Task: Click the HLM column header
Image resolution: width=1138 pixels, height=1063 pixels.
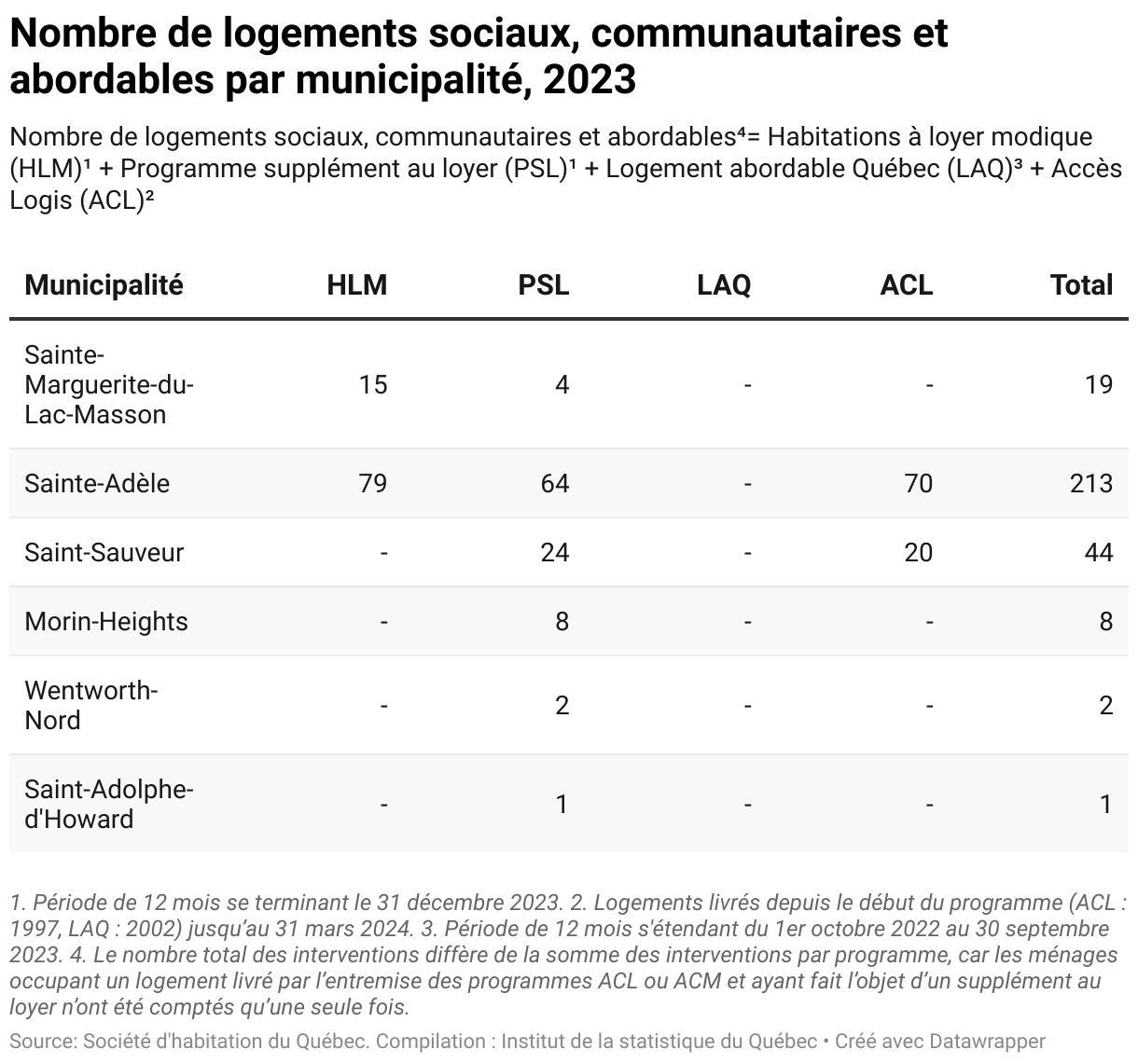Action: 357,284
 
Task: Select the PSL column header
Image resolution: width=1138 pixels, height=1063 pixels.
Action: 543,284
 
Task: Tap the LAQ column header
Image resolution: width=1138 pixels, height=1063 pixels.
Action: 724,285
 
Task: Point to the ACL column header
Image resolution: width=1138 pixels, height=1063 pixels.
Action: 907,284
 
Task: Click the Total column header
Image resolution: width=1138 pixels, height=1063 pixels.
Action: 1081,284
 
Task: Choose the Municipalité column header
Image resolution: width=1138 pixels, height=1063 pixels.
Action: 104,284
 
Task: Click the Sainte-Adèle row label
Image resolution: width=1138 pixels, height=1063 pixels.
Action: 97,484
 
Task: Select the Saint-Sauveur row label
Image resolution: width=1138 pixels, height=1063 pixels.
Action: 104,552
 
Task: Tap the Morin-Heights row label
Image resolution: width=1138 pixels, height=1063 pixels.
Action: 106,622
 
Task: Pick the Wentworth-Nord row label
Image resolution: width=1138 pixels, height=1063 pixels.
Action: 90,706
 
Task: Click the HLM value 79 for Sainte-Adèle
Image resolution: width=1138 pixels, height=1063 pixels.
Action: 373,484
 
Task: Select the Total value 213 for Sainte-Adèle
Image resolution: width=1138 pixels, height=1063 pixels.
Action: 1091,484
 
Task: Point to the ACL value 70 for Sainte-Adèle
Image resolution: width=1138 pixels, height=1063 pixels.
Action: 919,484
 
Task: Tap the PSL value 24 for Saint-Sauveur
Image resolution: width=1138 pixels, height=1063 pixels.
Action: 555,552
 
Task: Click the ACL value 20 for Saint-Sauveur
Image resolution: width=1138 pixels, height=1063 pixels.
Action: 919,552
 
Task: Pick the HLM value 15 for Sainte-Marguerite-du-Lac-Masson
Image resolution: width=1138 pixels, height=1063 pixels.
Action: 373,384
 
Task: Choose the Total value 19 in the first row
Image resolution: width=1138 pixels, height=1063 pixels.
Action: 1099,384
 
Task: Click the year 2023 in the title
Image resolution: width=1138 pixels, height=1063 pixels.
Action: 590,79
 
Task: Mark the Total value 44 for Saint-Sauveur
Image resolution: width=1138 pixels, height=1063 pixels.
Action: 1099,552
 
